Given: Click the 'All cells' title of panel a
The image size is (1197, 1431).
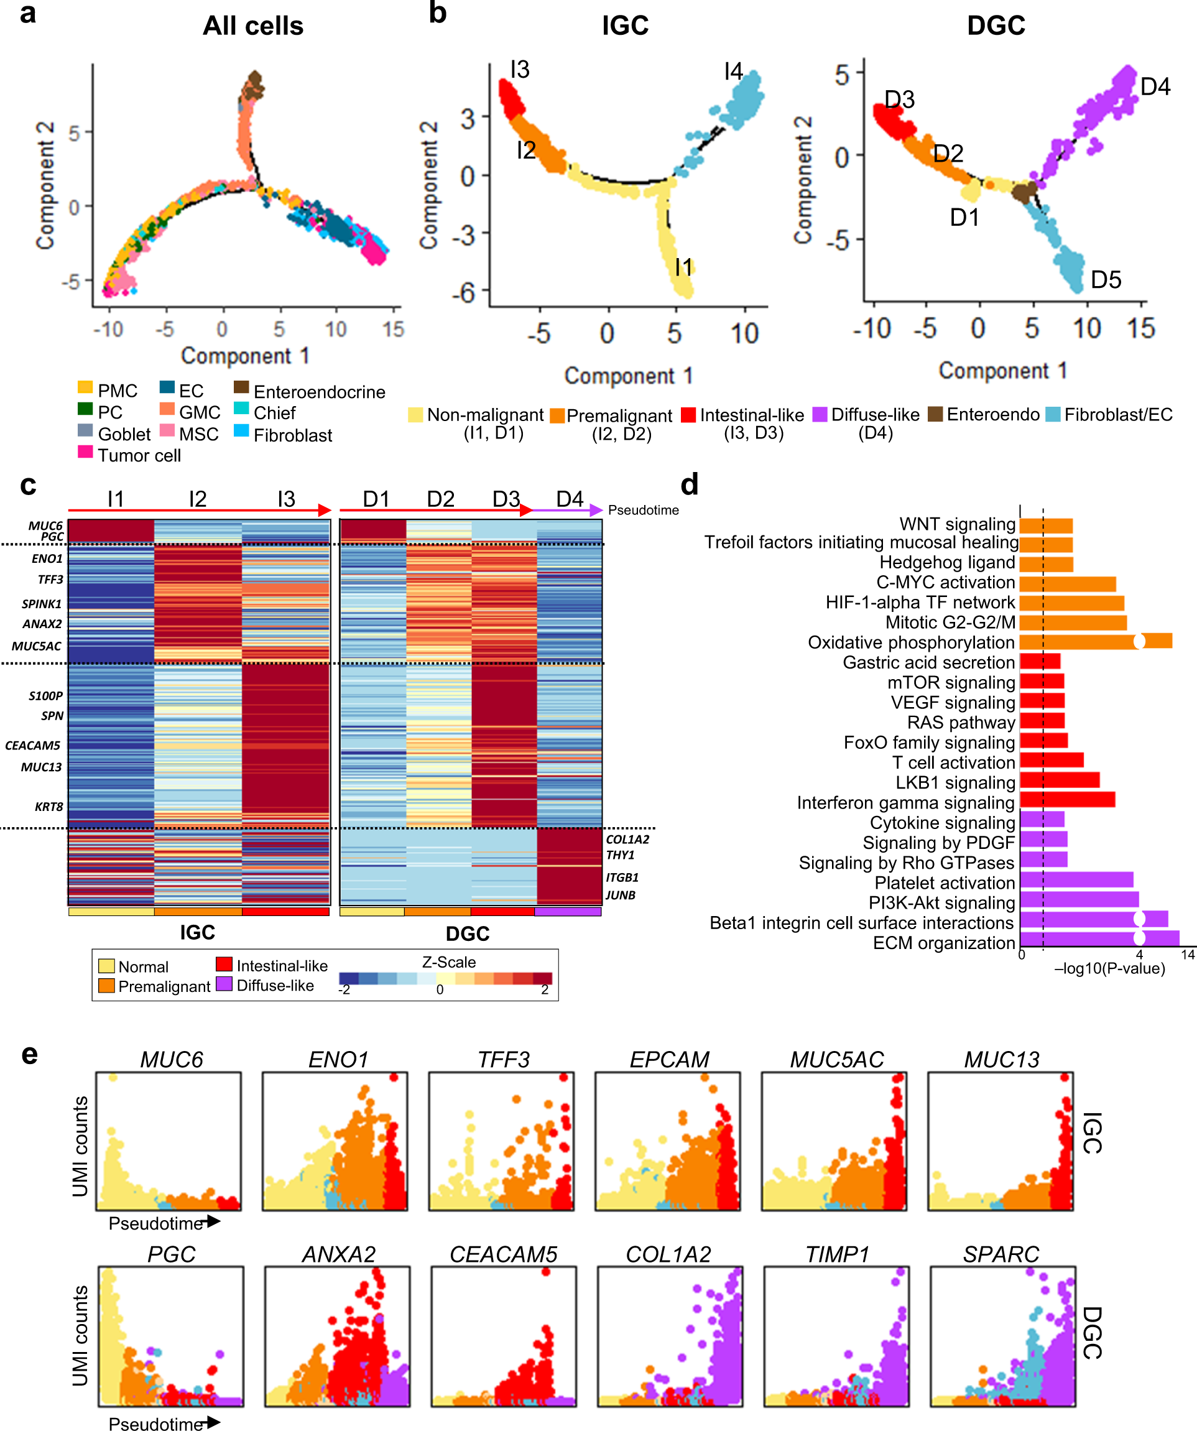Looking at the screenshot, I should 252,26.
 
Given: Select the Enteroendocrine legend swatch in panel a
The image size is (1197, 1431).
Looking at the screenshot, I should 241,387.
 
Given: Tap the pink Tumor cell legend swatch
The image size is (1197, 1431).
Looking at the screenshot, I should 85,451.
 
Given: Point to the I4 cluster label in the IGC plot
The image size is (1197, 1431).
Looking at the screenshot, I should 733,72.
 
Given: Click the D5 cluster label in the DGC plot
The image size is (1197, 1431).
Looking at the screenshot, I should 1106,280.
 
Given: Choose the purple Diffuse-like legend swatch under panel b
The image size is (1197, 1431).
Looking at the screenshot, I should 820,414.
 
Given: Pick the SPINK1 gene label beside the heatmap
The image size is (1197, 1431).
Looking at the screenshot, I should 42,604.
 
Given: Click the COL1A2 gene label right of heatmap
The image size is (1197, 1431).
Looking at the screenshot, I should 627,840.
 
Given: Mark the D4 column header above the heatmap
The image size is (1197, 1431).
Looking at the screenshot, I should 570,499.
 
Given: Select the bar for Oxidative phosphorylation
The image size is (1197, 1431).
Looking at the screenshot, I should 1096,641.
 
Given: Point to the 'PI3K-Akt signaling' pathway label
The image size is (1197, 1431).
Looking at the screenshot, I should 941,903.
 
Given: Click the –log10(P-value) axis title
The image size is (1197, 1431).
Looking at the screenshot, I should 1109,968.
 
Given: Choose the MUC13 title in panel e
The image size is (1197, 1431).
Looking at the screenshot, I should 1002,1060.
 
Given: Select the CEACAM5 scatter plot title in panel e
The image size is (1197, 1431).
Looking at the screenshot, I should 504,1254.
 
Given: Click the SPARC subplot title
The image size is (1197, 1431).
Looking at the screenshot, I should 1001,1254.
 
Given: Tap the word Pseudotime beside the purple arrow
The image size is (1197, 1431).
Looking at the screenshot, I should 643,511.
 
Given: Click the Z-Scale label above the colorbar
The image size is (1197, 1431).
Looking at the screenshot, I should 449,962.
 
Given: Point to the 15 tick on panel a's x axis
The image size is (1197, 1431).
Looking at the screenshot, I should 393,329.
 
